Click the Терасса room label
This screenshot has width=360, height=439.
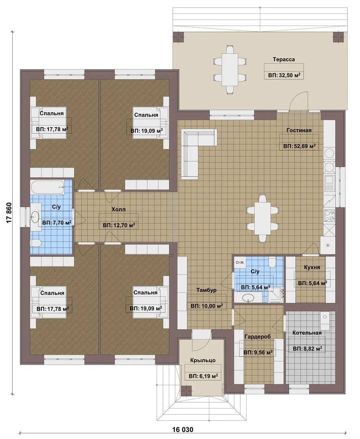[284, 59]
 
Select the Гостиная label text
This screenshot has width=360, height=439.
[299, 130]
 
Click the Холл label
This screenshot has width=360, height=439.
[118, 209]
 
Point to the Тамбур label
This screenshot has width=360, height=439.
[206, 290]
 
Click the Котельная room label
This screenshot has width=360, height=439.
[307, 333]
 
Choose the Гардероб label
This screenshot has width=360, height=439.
[257, 337]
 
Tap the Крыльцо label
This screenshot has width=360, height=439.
[203, 360]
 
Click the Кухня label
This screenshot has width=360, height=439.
[312, 267]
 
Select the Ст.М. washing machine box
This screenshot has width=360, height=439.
[240, 262]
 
